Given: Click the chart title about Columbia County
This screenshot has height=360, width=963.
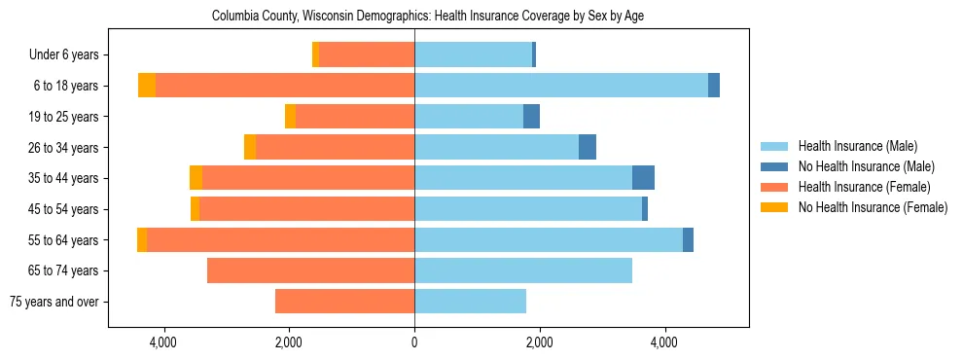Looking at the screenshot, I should pos(428,16).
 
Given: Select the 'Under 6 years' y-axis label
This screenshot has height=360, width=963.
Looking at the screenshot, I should pos(63,55).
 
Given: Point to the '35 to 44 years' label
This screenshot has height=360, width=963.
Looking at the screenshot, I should pos(62,178).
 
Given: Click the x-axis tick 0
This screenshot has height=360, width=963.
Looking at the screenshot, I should pos(414,342).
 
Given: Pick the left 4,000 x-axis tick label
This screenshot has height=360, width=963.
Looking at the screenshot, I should pos(163,342).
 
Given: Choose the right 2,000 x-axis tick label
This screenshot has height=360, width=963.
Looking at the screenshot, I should pos(540,342).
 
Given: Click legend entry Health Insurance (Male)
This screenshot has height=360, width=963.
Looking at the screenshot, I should pos(857,146).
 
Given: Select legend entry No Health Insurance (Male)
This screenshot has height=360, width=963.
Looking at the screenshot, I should pos(866,166).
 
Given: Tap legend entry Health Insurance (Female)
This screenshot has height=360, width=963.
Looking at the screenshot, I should pos(861,187).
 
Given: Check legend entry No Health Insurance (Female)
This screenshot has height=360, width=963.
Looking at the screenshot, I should pos(872,207).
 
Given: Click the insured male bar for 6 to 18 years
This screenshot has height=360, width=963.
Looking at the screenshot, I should pos(561,86).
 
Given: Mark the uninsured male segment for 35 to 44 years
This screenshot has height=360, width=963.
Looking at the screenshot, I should pos(643,178).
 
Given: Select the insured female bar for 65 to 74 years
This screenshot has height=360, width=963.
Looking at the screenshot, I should pos(310,270).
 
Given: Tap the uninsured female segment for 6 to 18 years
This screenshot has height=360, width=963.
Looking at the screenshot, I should pos(147,86).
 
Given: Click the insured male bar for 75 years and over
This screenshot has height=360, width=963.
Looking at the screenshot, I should pos(470,302).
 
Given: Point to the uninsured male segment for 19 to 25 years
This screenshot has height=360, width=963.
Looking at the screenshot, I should pos(531,117).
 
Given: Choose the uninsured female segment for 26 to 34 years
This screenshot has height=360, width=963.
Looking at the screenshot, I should pos(250,147).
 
